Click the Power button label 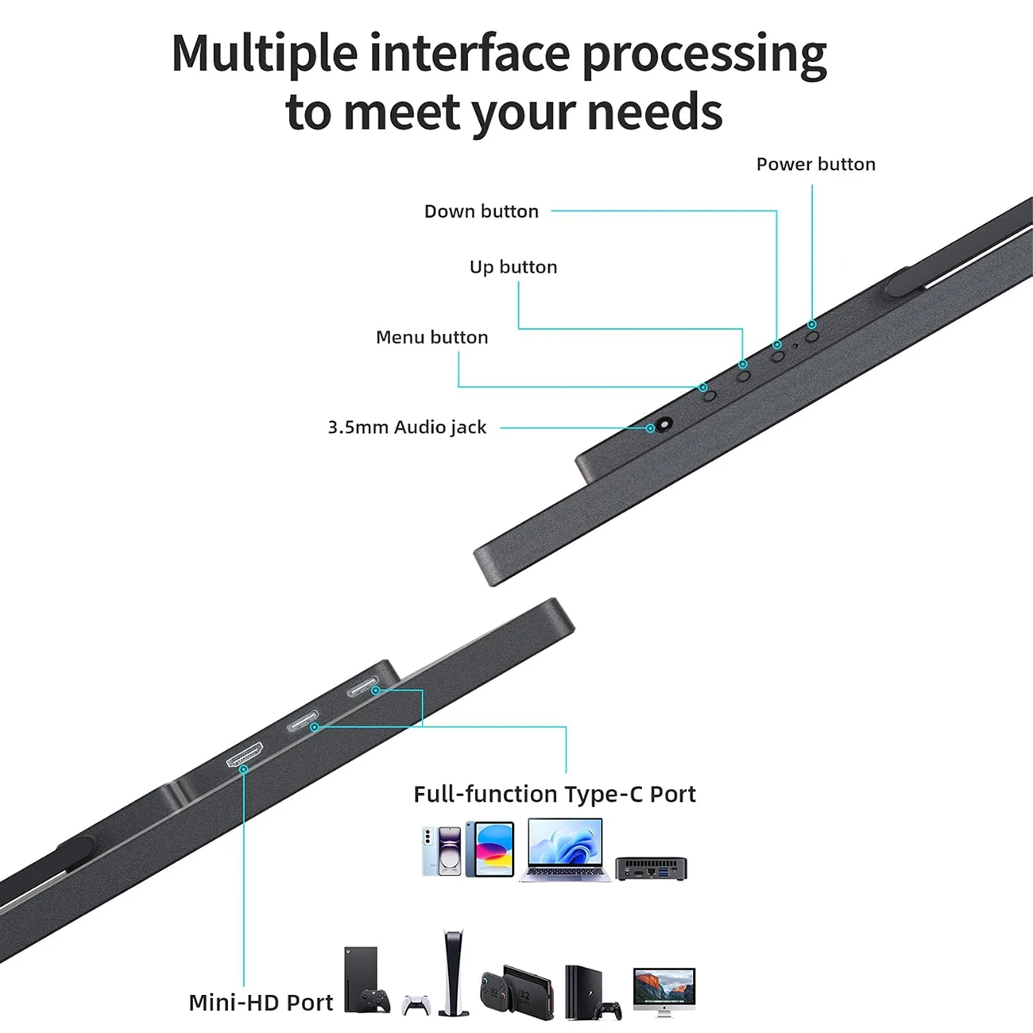point(815,164)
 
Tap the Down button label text point(482,211)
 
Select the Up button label point(513,267)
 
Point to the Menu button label point(432,337)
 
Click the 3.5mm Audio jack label point(407,428)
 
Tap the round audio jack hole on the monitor point(664,424)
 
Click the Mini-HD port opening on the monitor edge point(245,755)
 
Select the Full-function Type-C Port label point(555,794)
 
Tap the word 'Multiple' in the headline point(265,54)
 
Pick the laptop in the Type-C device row point(564,850)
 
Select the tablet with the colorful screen point(490,849)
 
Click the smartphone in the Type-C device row point(442,851)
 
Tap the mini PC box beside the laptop point(651,869)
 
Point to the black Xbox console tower point(361,978)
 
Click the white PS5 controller point(416,1005)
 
